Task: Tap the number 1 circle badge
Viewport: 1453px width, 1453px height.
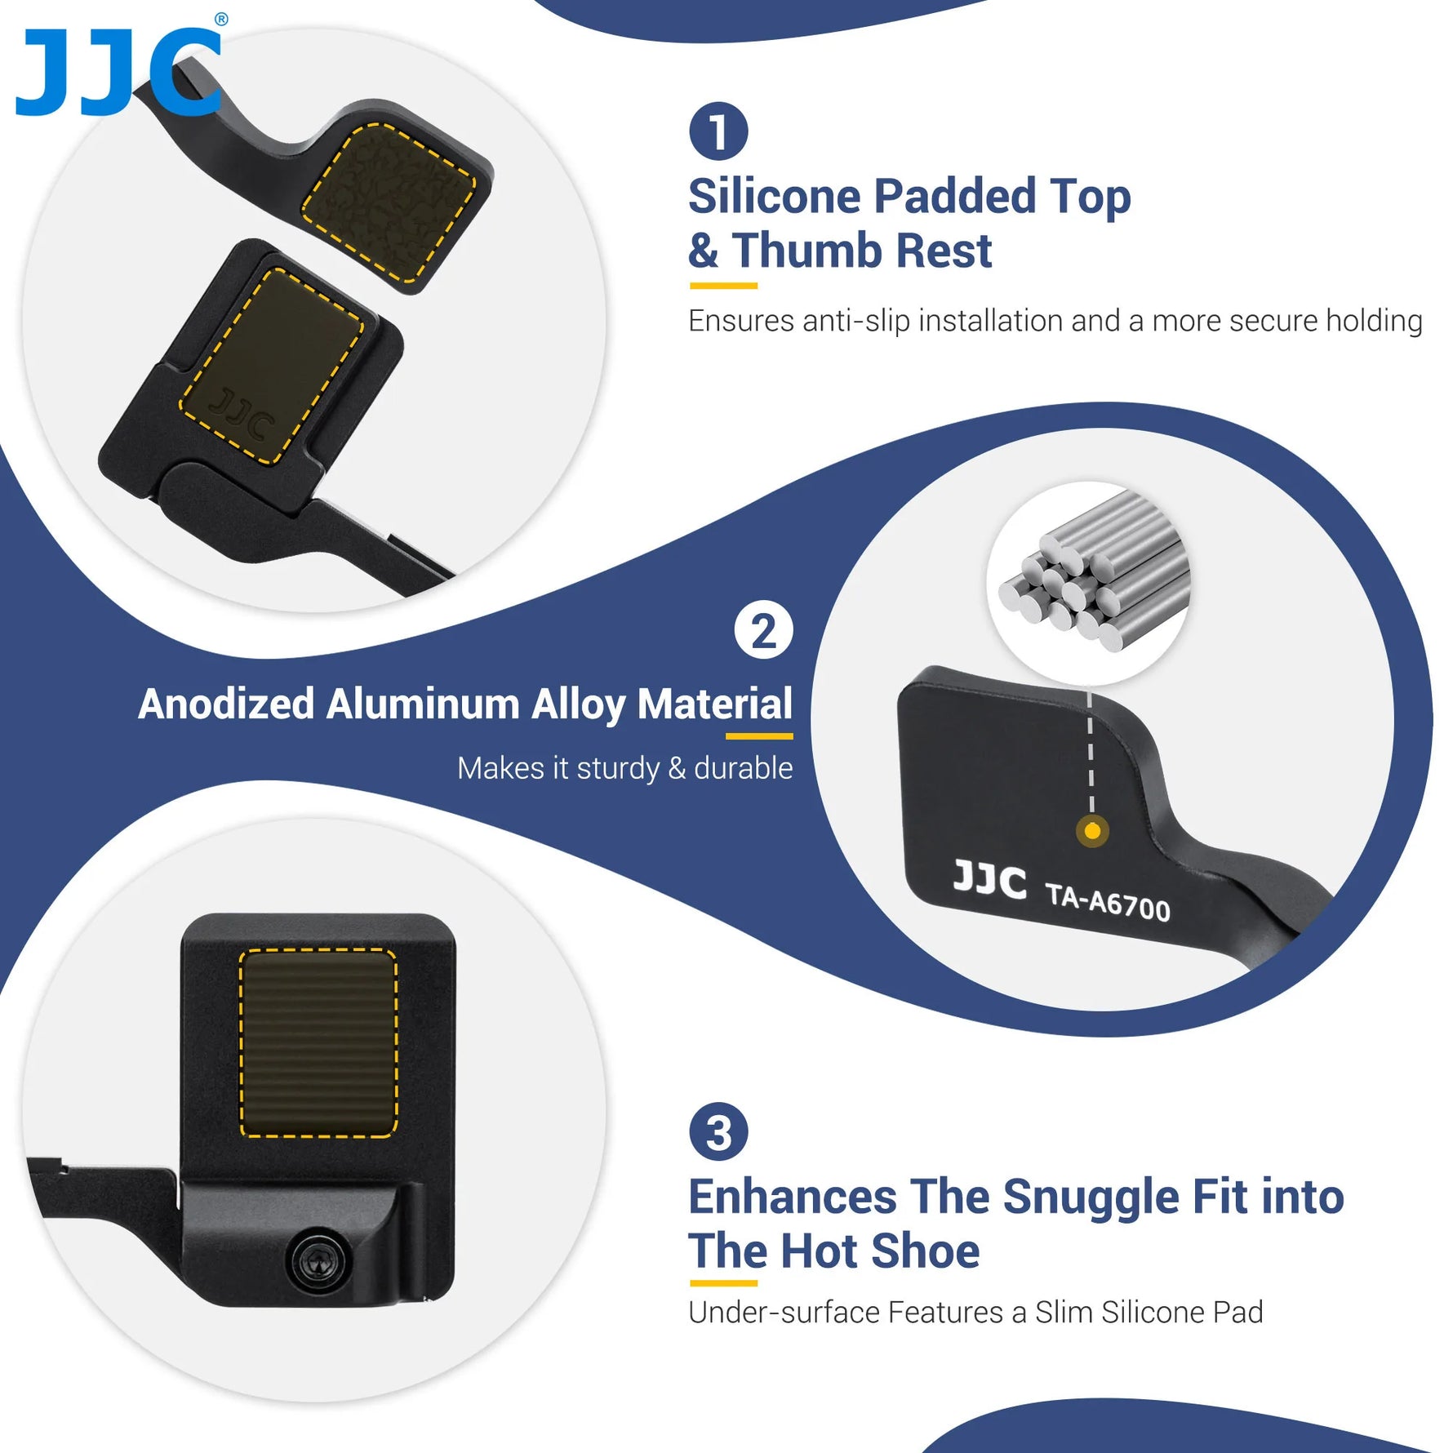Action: click(718, 131)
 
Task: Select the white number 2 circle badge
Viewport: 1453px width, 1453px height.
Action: click(763, 630)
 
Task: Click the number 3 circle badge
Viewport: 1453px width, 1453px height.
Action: click(718, 1132)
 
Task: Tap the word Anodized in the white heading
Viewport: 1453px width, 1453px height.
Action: click(226, 704)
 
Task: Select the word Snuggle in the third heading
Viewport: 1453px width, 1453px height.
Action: click(1091, 1198)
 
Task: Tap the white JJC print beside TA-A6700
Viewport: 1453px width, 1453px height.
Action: click(989, 880)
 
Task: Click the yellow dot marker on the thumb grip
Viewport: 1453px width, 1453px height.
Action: click(1092, 832)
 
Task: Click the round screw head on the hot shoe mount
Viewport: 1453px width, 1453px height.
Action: click(319, 1262)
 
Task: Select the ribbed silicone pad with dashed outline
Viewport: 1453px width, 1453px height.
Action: click(318, 1043)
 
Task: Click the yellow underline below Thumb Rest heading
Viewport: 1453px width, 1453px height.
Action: click(723, 286)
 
